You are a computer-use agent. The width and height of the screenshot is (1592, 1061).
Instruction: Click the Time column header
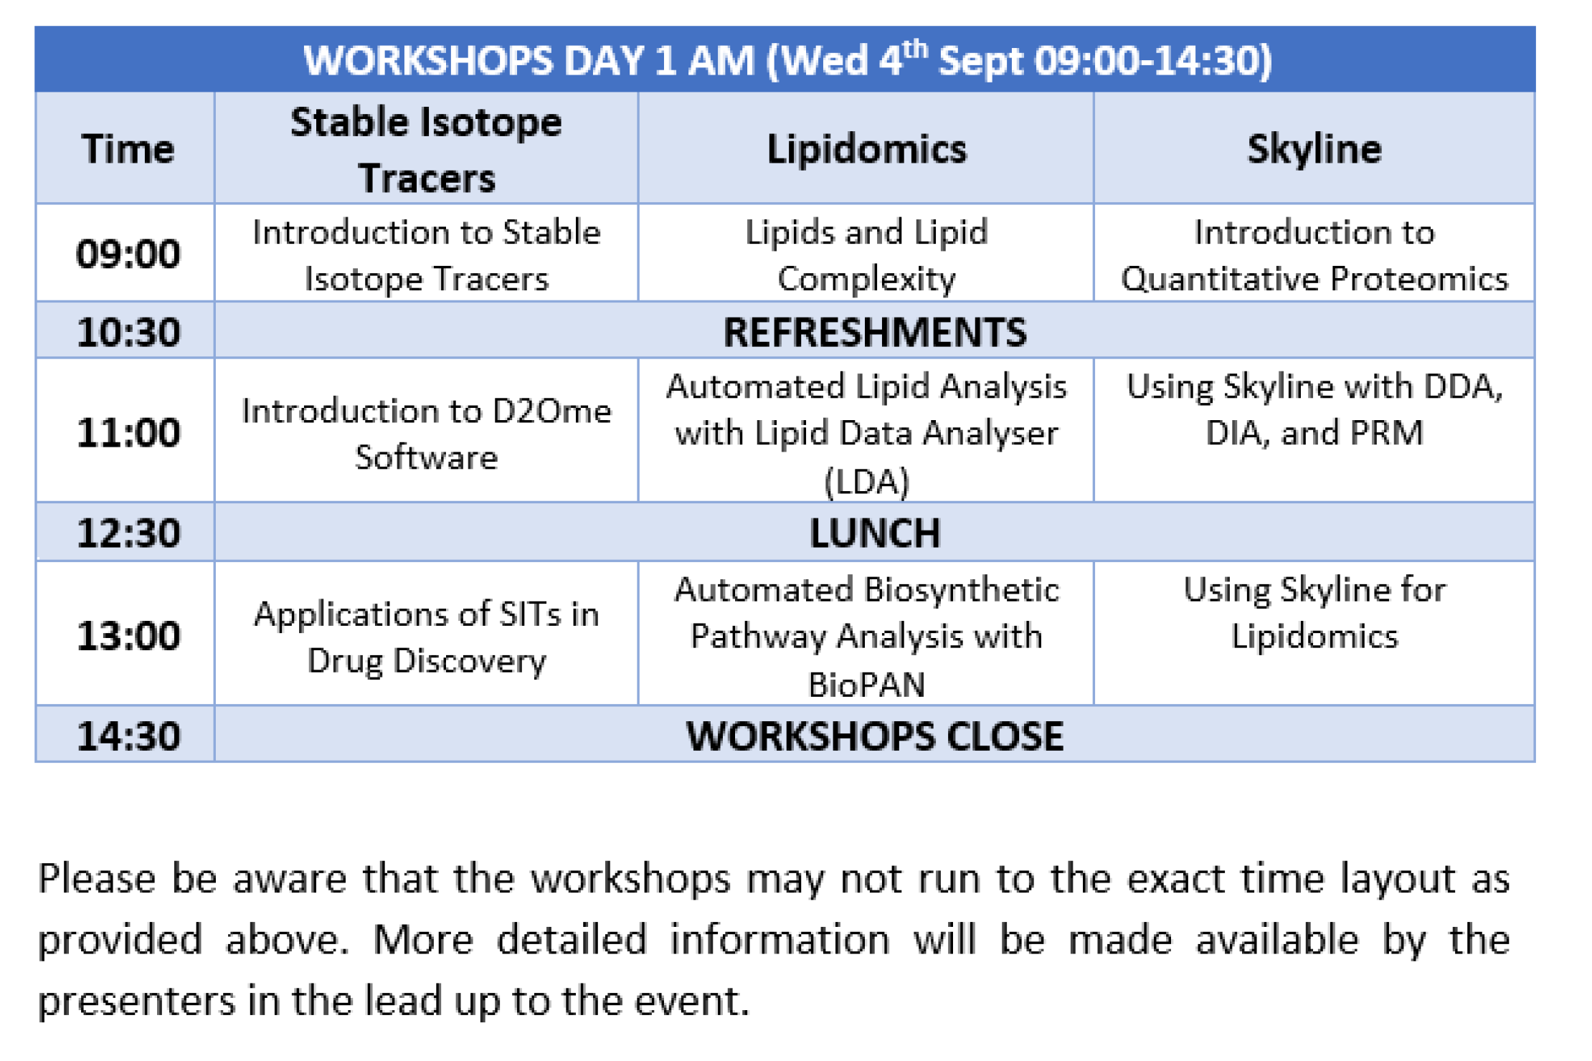point(128,149)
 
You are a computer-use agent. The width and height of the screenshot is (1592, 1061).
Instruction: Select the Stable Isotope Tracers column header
point(426,149)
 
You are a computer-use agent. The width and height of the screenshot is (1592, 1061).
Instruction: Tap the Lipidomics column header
point(866,149)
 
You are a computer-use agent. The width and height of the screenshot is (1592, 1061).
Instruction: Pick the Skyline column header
point(1314,149)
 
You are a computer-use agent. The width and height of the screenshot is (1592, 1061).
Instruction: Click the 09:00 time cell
point(128,254)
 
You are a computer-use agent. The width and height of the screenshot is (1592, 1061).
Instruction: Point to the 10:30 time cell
point(128,332)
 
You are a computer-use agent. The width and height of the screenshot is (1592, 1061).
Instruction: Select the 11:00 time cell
point(128,432)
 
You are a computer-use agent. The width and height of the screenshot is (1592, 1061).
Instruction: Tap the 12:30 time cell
point(128,533)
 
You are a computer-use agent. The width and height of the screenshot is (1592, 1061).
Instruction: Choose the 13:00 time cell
point(128,635)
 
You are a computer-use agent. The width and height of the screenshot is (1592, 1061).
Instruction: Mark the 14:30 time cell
point(128,736)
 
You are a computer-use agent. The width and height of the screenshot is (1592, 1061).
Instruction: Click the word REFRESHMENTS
point(875,332)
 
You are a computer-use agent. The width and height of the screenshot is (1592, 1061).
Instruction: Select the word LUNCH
point(875,533)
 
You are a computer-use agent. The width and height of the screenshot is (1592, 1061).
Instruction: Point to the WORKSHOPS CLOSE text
point(875,736)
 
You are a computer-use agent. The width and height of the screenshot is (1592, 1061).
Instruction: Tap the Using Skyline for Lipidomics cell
point(1314,613)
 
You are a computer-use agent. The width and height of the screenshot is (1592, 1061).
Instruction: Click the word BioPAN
point(866,684)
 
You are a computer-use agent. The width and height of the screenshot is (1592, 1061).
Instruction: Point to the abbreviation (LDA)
point(866,481)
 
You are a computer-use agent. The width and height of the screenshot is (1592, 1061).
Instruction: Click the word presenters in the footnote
point(136,1001)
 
